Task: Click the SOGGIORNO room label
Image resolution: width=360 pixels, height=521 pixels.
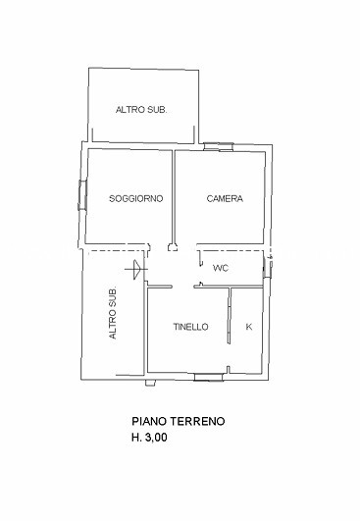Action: tap(136, 198)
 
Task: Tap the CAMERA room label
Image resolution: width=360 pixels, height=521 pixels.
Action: tap(225, 198)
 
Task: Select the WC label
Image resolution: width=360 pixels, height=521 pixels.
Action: tap(221, 268)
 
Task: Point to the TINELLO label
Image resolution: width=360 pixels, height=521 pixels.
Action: tap(190, 327)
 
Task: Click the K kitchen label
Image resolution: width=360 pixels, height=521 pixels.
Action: tap(249, 327)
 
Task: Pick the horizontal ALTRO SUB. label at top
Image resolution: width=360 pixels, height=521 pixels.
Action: tap(141, 110)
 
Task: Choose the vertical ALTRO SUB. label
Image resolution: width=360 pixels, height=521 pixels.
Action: tap(113, 312)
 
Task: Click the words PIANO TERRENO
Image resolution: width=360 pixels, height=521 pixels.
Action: tap(179, 421)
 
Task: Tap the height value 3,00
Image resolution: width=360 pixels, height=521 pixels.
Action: tap(156, 438)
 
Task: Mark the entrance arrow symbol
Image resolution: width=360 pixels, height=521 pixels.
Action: tap(135, 270)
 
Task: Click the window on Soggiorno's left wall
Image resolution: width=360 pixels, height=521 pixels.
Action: tap(82, 195)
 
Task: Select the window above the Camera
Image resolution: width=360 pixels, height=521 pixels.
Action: tap(218, 146)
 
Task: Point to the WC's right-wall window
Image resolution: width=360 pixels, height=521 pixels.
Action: tap(267, 267)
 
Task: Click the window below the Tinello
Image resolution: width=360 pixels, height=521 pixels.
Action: tap(209, 377)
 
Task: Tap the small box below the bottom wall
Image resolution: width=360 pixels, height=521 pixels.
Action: tap(150, 383)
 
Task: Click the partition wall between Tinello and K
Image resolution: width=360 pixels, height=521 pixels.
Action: tap(230, 316)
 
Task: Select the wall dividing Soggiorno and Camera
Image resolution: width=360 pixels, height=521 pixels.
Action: tap(174, 197)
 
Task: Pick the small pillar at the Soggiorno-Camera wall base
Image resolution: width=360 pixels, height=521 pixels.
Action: tap(173, 247)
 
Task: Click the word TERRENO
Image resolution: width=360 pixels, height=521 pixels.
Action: tap(197, 421)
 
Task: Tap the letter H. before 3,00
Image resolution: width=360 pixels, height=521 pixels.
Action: tap(136, 438)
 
